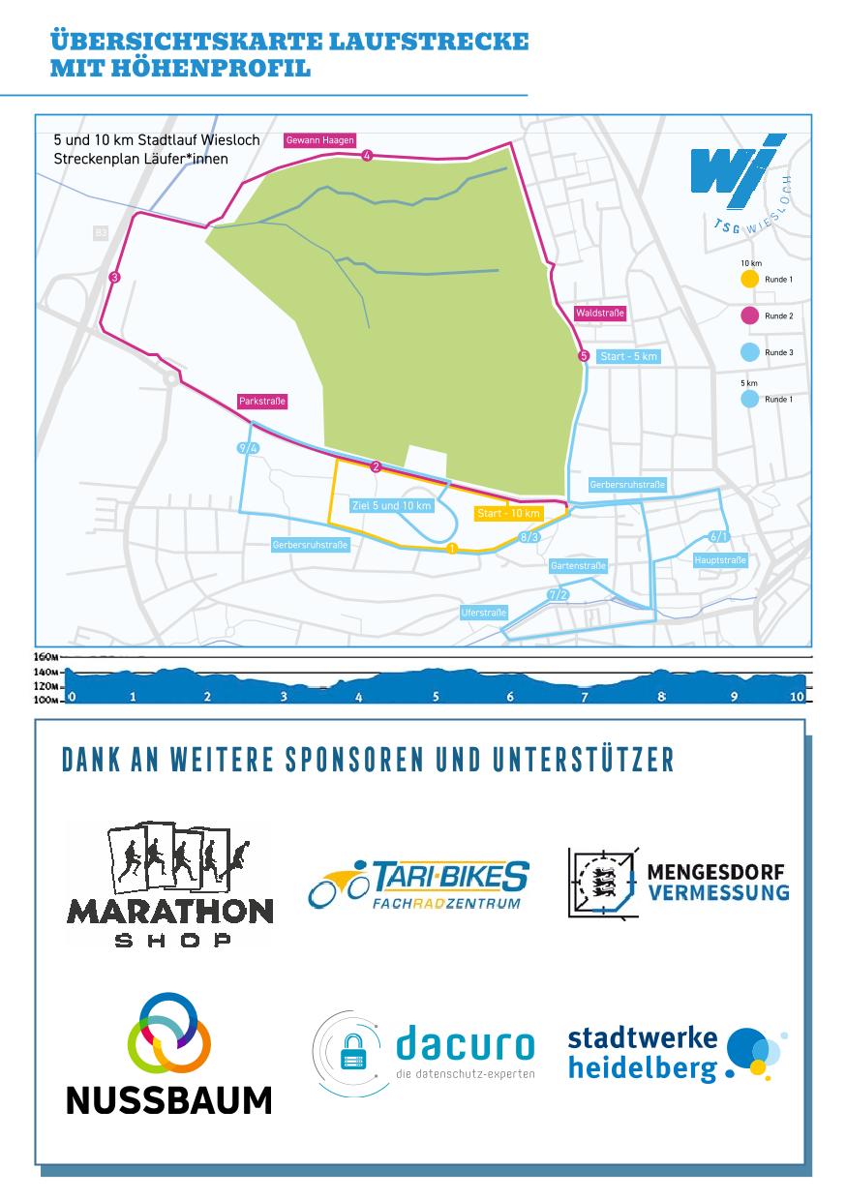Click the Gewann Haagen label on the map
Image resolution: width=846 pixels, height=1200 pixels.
[319, 140]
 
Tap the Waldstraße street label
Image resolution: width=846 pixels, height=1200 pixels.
[600, 314]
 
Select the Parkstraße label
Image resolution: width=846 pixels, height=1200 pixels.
[262, 401]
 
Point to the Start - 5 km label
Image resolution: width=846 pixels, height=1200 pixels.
[628, 357]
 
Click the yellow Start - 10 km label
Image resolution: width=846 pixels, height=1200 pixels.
[509, 513]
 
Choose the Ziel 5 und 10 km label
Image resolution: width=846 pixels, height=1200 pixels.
[391, 505]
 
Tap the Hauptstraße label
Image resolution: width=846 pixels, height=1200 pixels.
[720, 560]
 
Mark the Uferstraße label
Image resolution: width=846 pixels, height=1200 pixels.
[484, 613]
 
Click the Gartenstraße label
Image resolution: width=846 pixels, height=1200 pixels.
[578, 565]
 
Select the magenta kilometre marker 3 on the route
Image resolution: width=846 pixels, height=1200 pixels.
[114, 278]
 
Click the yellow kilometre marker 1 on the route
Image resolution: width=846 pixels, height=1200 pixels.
[452, 550]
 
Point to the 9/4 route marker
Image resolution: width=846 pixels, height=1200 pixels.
[248, 448]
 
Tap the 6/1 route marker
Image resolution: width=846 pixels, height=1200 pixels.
[718, 536]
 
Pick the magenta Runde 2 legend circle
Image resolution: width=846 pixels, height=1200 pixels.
[748, 315]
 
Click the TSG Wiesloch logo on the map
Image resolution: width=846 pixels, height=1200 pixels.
[741, 184]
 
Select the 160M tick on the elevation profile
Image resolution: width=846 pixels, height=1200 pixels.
[46, 656]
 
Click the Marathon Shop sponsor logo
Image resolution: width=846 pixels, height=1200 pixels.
[169, 884]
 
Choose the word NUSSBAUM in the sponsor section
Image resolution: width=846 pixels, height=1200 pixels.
[168, 1099]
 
